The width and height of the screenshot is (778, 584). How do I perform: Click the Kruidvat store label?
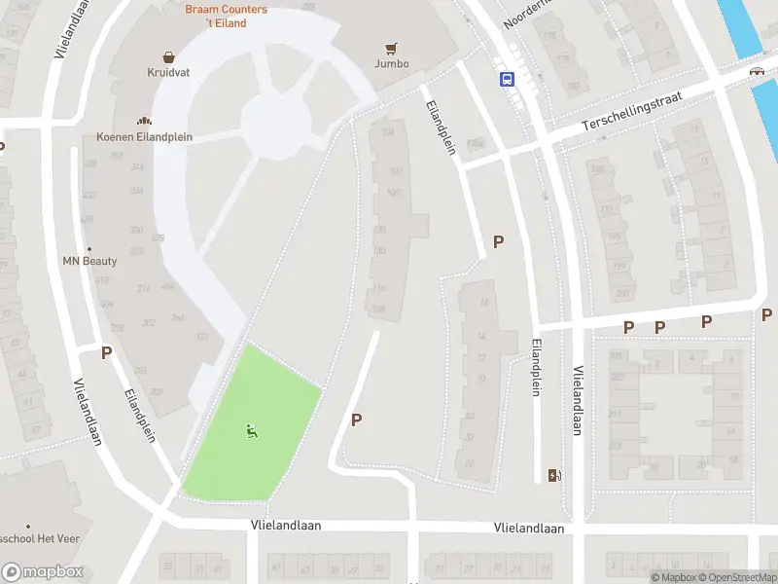169,73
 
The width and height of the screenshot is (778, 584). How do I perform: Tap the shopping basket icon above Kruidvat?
169,57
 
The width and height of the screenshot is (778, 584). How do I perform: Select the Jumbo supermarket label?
392,64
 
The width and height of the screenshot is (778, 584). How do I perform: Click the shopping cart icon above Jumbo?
392,48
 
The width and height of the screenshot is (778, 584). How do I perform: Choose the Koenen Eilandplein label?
144,137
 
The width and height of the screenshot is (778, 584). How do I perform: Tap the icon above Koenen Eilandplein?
145,121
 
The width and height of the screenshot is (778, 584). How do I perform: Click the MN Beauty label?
89,261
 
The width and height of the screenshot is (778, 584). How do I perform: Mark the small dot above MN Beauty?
89,248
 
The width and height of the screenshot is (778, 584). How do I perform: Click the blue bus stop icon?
507,80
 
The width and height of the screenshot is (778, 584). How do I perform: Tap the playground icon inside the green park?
252,430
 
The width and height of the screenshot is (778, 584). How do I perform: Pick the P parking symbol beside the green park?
357,420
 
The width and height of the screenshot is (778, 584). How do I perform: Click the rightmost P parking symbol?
767,314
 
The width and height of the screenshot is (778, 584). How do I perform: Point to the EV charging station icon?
555,475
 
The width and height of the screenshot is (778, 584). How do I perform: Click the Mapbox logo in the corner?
43,572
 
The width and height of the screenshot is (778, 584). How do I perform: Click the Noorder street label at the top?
525,14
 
